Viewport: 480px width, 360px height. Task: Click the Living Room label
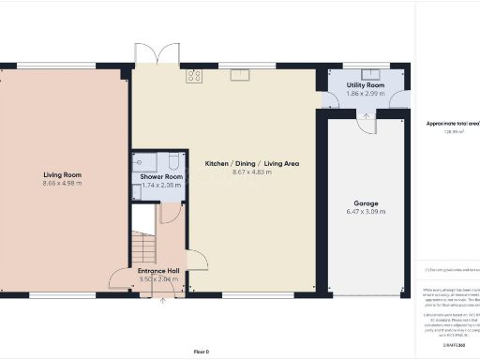pyautogui.click(x=63, y=174)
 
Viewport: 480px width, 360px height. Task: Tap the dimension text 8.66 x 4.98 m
pyautogui.click(x=63, y=185)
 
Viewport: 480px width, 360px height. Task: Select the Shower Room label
pyautogui.click(x=161, y=176)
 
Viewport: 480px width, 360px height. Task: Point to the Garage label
pyautogui.click(x=366, y=202)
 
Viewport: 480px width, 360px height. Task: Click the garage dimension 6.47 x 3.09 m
pyautogui.click(x=366, y=213)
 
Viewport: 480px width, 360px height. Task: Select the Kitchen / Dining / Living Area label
pyautogui.click(x=252, y=163)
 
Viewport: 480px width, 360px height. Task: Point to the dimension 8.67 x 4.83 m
pyautogui.click(x=252, y=173)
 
